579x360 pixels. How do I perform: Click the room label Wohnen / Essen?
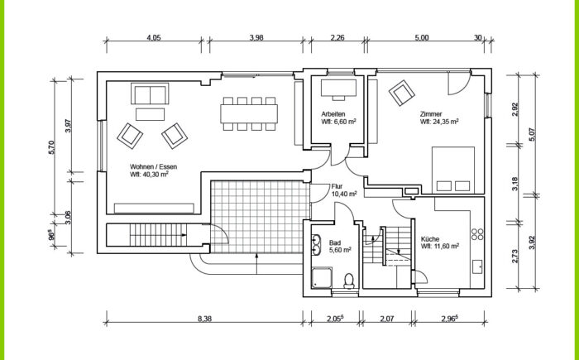(153, 166)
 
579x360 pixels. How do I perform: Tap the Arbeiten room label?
(333, 114)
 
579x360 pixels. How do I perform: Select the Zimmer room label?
(431, 114)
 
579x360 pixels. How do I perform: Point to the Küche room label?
(430, 239)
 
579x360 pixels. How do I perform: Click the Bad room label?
(335, 242)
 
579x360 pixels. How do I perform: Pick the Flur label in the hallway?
(337, 187)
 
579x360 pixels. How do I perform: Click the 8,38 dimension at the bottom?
(204, 319)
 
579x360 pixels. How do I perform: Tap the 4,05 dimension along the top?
(154, 37)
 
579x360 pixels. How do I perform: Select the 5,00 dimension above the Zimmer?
(422, 37)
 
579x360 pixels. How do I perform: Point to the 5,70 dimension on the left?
(51, 147)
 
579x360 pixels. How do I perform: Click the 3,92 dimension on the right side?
(532, 242)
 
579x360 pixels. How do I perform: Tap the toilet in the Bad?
(349, 281)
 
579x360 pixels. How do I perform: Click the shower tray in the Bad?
(322, 277)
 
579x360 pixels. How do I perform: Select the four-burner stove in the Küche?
(477, 234)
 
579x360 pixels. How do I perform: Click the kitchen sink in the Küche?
(478, 266)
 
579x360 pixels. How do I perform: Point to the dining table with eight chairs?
(249, 114)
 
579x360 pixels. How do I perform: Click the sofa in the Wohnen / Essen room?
(150, 94)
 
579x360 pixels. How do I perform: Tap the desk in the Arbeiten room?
(338, 88)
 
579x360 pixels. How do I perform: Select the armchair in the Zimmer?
(402, 94)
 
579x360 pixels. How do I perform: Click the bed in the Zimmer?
(453, 170)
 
